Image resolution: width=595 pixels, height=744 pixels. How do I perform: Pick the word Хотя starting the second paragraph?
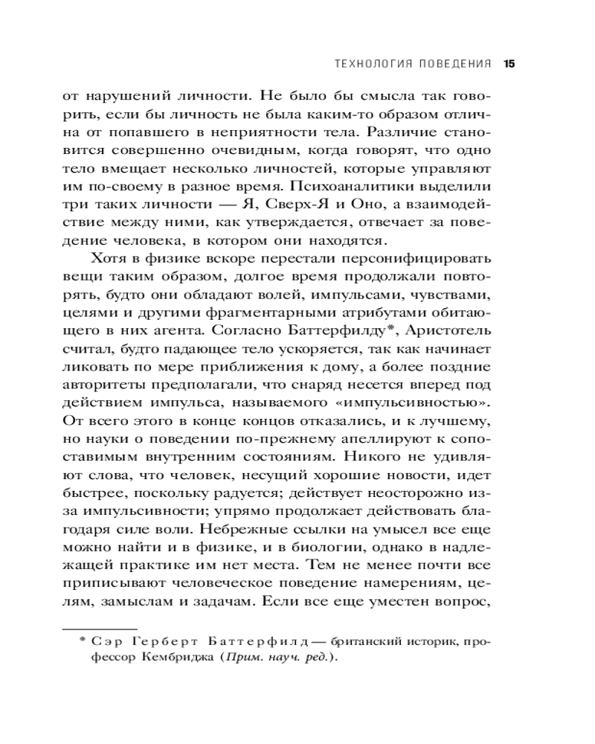tap(109, 259)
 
